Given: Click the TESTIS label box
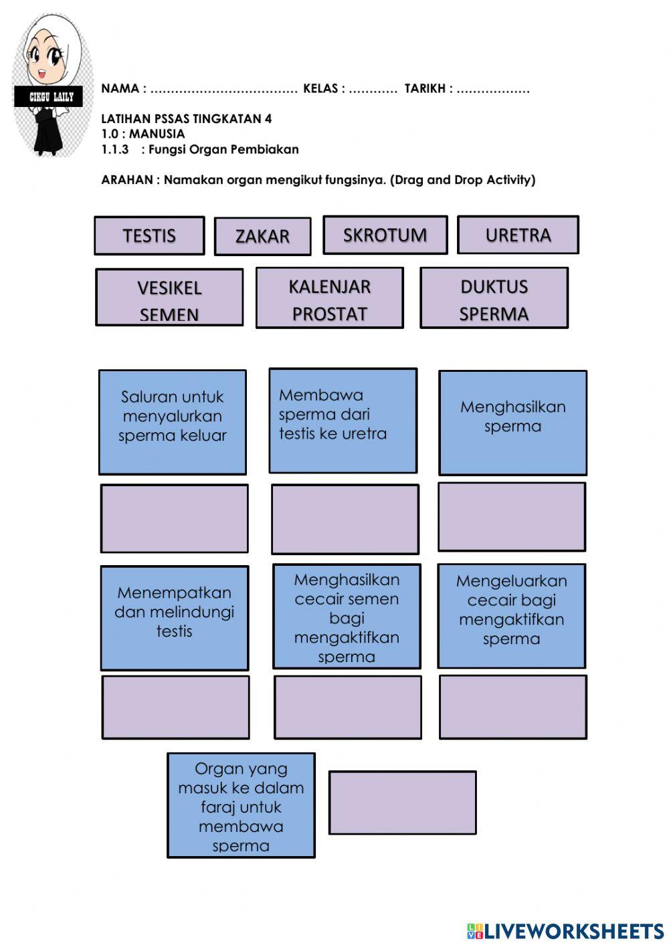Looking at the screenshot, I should pyautogui.click(x=149, y=235).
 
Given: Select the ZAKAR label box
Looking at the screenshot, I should pyautogui.click(x=262, y=236).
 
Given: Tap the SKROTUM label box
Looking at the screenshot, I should pyautogui.click(x=385, y=235).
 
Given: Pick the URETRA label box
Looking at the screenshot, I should pyautogui.click(x=518, y=235).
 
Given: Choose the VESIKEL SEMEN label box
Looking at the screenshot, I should pyautogui.click(x=169, y=298).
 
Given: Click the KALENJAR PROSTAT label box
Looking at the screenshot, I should pyautogui.click(x=329, y=298).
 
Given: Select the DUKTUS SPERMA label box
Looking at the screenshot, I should pyautogui.click(x=494, y=298).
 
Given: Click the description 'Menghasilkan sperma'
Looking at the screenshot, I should pyautogui.click(x=512, y=422).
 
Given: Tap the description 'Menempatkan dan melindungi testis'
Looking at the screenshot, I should pyautogui.click(x=174, y=617).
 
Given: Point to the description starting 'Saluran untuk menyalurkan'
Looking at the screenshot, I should pyautogui.click(x=173, y=421).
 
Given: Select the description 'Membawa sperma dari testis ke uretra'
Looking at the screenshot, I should pyautogui.click(x=343, y=420).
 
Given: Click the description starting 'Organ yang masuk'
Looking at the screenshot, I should pyautogui.click(x=241, y=805).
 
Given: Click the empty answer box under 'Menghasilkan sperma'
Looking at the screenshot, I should pyautogui.click(x=512, y=517).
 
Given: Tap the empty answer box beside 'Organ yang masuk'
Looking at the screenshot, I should pyautogui.click(x=403, y=802).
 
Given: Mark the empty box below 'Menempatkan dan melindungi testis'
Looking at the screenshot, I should pyautogui.click(x=175, y=707).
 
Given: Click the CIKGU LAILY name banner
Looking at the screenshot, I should pyautogui.click(x=48, y=97).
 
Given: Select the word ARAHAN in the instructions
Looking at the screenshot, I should pyautogui.click(x=126, y=180).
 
